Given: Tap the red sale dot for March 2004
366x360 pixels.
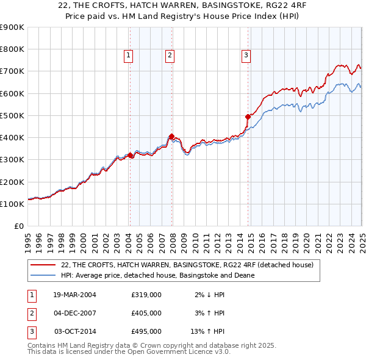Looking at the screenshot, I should tap(130, 156).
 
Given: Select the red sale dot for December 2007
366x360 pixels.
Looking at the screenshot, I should tap(171, 137).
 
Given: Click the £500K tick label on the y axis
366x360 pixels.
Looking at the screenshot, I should tap(12, 115).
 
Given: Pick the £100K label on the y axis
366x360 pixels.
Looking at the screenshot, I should tap(12, 204).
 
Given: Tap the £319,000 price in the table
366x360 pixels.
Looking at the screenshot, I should tap(146, 295).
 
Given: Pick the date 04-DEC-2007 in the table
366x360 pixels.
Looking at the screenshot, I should tap(75, 313).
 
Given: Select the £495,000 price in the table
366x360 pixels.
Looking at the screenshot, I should tap(146, 331).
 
